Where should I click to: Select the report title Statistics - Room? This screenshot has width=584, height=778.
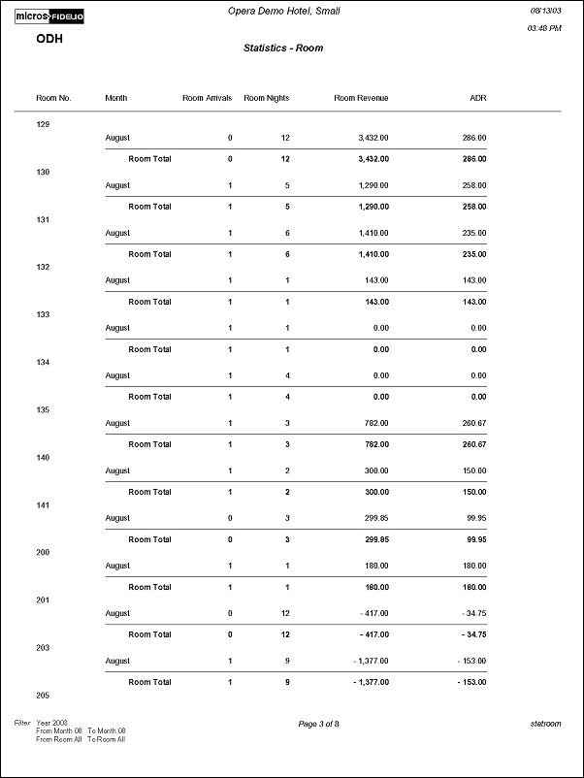(x=283, y=48)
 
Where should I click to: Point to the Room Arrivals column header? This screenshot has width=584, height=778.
(x=207, y=98)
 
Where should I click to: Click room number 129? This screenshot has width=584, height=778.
(x=42, y=124)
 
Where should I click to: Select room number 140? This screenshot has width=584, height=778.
(x=42, y=457)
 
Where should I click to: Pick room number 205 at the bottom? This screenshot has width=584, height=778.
(x=42, y=696)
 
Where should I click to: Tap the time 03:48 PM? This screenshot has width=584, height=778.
(x=543, y=29)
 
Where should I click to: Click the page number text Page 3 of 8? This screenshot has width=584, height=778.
(x=319, y=724)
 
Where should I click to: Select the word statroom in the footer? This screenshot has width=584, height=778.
(x=545, y=724)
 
